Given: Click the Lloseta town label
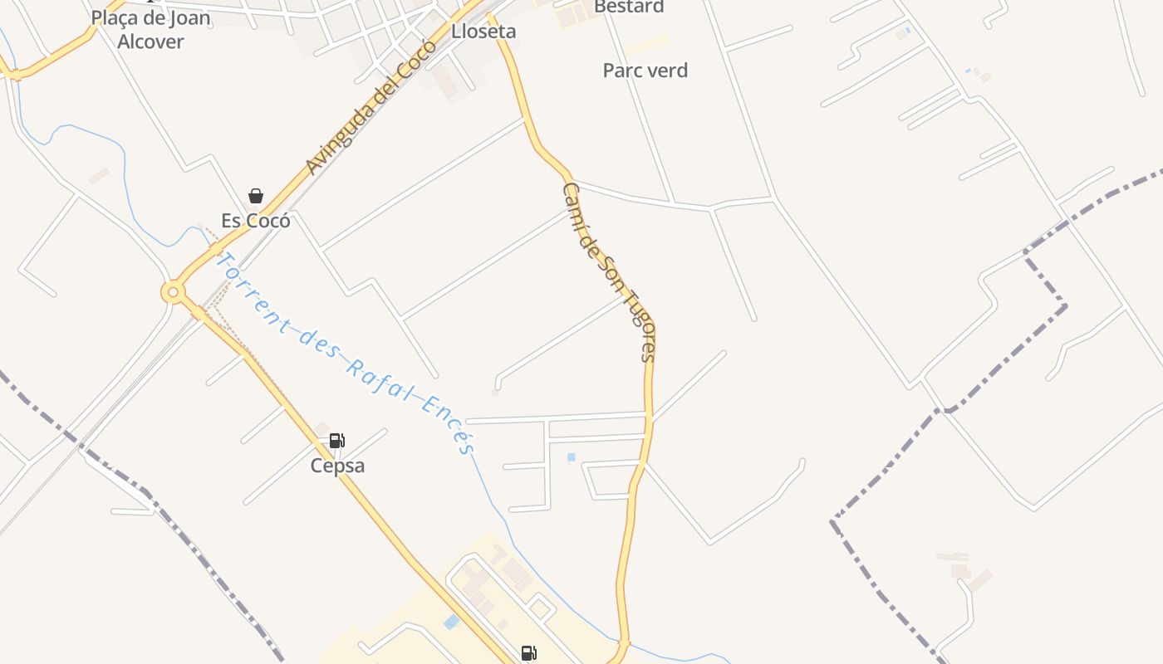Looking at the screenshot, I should [483, 32].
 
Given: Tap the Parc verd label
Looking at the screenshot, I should [645, 71].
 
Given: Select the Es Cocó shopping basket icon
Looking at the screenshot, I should [256, 196].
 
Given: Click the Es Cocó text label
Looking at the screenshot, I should [256, 221].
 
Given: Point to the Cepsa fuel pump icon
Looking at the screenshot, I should [337, 441].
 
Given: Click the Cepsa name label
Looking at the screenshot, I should [337, 466].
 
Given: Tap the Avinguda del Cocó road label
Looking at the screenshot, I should [370, 108].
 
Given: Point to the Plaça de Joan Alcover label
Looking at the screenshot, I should [150, 29].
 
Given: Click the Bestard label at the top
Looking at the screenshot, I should [629, 7].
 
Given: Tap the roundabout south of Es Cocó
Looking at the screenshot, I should [173, 292].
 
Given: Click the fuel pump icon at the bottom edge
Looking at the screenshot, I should [529, 653].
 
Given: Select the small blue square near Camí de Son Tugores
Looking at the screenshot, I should [571, 457].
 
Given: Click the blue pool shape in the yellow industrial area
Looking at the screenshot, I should [451, 622].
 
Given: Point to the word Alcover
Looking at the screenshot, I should [150, 41].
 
